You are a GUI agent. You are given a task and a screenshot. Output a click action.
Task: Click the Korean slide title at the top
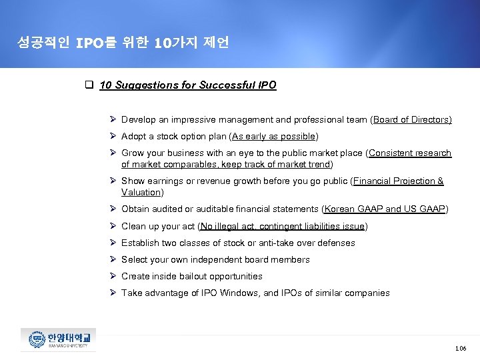(x=124, y=43)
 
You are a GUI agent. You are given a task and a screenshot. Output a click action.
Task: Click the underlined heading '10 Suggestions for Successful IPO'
(x=187, y=85)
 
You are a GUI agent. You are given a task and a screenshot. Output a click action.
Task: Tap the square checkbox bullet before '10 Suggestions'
(x=88, y=85)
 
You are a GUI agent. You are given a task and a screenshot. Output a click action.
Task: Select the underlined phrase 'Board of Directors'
(x=412, y=120)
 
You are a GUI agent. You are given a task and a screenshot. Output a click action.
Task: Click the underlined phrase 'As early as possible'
(x=273, y=137)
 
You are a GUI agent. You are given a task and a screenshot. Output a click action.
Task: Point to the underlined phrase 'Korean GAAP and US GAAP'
(x=385, y=209)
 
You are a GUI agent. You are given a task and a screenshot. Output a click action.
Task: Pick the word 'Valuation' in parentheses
(x=141, y=192)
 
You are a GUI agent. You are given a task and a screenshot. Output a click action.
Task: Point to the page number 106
(x=460, y=348)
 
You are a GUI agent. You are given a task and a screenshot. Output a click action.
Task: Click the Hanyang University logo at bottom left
(x=58, y=339)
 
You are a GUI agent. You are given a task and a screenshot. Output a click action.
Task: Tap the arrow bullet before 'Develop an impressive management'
(x=113, y=120)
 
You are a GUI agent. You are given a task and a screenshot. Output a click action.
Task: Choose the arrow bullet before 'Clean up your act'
(x=113, y=226)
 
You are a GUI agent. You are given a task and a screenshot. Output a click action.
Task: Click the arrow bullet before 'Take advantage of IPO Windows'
(x=113, y=293)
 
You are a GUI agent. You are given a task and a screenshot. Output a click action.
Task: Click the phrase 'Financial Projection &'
(x=398, y=181)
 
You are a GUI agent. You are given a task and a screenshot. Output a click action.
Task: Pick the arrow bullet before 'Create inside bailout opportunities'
(x=113, y=276)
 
